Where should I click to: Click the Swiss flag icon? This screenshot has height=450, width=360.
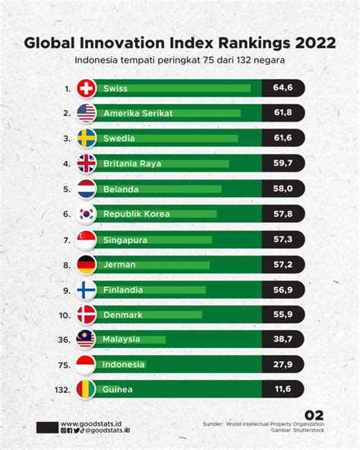pyautogui.click(x=87, y=88)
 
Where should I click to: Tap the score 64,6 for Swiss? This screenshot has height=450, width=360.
pyautogui.click(x=283, y=87)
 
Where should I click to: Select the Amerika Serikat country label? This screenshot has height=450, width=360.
pyautogui.click(x=138, y=113)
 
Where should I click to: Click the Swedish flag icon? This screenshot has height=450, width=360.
pyautogui.click(x=87, y=138)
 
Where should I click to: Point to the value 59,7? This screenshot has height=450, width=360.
pyautogui.click(x=283, y=163)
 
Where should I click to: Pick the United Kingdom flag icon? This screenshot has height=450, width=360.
pyautogui.click(x=87, y=163)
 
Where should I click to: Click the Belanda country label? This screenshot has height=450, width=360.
pyautogui.click(x=121, y=189)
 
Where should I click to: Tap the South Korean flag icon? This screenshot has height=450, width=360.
pyautogui.click(x=87, y=214)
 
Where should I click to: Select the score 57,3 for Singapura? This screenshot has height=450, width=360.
pyautogui.click(x=283, y=239)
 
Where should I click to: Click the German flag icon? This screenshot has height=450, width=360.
pyautogui.click(x=87, y=265)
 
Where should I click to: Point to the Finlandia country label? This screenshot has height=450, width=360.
pyautogui.click(x=123, y=290)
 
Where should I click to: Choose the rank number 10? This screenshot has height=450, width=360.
pyautogui.click(x=65, y=315)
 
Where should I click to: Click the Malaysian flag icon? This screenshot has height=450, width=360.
pyautogui.click(x=86, y=339)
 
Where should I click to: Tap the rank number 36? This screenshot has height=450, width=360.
pyautogui.click(x=65, y=340)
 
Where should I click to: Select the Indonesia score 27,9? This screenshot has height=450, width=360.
pyautogui.click(x=283, y=364)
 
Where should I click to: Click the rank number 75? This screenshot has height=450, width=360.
pyautogui.click(x=65, y=366)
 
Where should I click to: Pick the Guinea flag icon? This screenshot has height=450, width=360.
pyautogui.click(x=86, y=389)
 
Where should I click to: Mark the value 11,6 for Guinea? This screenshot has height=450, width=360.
pyautogui.click(x=283, y=389)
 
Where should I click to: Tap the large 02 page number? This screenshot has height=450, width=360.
pyautogui.click(x=314, y=415)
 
